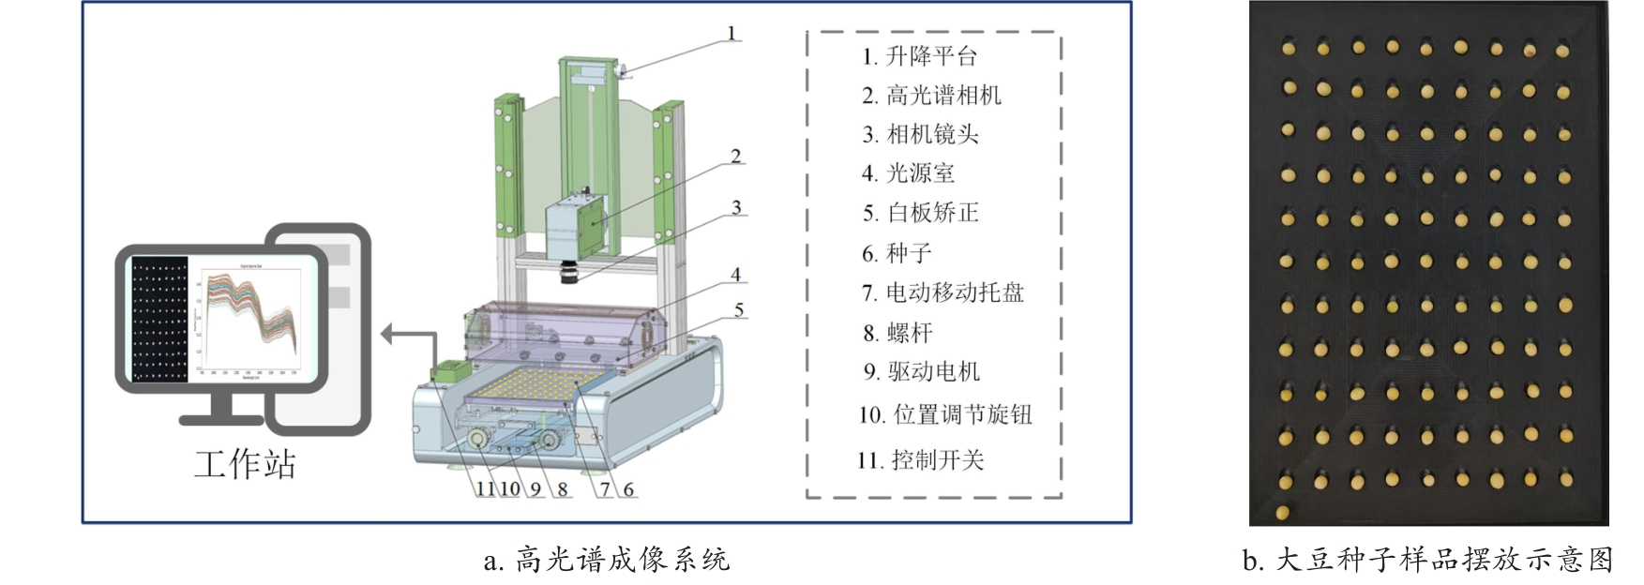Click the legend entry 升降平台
920,56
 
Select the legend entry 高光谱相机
931,96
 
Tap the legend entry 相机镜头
921,135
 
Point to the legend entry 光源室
909,173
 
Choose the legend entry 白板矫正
921,213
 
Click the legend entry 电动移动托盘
943,292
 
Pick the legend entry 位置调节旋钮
945,414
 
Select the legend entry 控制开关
920,460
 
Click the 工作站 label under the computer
245,464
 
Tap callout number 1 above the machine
732,34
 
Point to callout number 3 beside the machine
736,207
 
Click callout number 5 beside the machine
739,309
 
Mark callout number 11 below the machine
485,488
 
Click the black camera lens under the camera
569,273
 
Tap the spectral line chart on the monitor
249,317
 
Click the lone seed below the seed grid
1283,512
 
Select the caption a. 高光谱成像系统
606,560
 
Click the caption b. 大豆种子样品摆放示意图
1427,560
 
